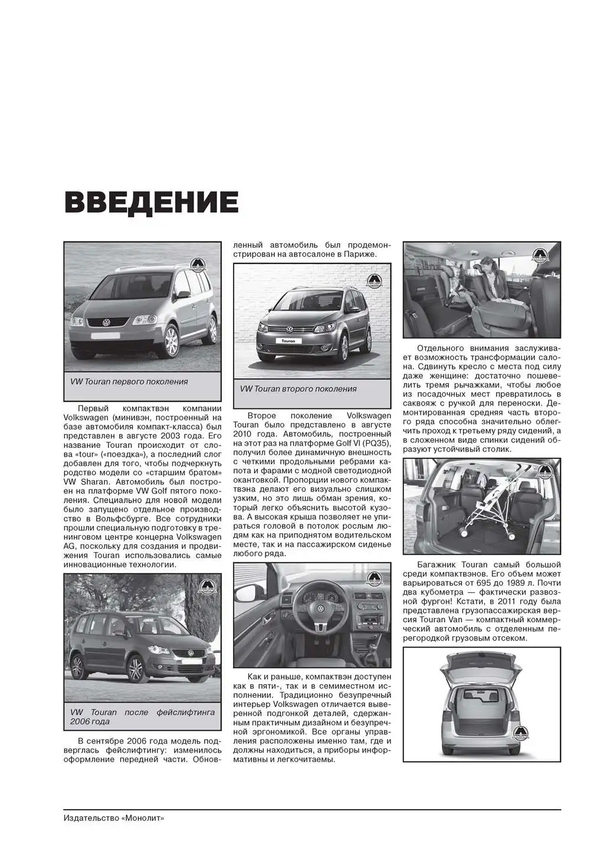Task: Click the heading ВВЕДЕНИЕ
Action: pos(151,202)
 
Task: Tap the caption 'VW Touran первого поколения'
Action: pos(129,381)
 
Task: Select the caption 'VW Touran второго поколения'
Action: pos(298,389)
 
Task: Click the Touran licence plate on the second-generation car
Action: pos(288,341)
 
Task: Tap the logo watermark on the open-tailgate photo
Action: pos(521,733)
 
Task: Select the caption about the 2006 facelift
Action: pos(142,717)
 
